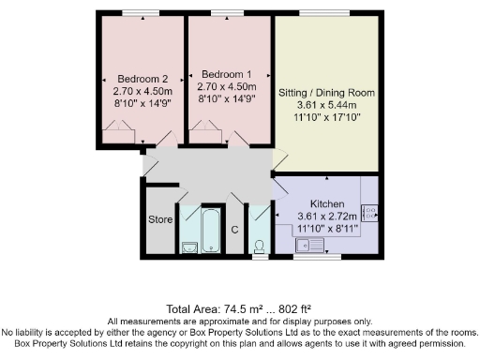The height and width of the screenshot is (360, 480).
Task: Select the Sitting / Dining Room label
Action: (x=326, y=93)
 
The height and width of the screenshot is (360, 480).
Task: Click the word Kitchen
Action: (x=327, y=203)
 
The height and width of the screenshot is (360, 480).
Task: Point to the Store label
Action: (x=159, y=220)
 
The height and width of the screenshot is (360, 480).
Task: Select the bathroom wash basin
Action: (x=188, y=247)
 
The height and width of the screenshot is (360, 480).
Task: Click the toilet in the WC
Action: (x=259, y=246)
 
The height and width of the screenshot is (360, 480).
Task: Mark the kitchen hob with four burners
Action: (x=368, y=212)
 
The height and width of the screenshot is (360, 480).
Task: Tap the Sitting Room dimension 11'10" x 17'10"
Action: (x=326, y=119)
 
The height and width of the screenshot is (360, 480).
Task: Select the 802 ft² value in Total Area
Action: (x=294, y=308)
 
